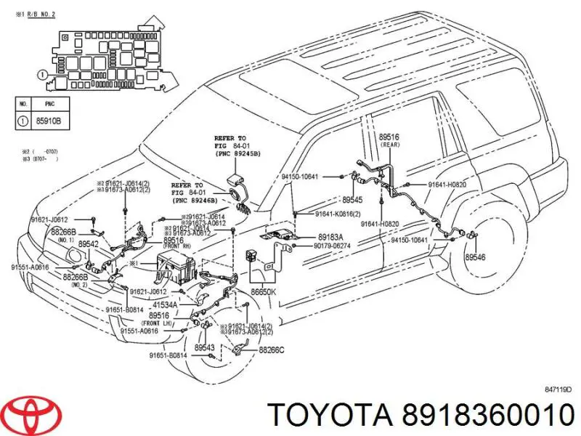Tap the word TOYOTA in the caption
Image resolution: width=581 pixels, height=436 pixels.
pos(326,415)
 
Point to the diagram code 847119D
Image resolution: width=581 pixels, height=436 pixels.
pos(558,389)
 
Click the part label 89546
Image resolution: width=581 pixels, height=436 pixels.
pos(475,257)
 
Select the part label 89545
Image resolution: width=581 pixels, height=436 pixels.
pos(352,199)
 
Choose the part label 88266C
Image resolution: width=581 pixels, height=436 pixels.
pos(272,350)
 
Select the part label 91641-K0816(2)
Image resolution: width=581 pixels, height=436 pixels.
pos(339,214)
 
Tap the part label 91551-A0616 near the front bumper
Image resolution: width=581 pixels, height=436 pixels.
pos(30,267)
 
